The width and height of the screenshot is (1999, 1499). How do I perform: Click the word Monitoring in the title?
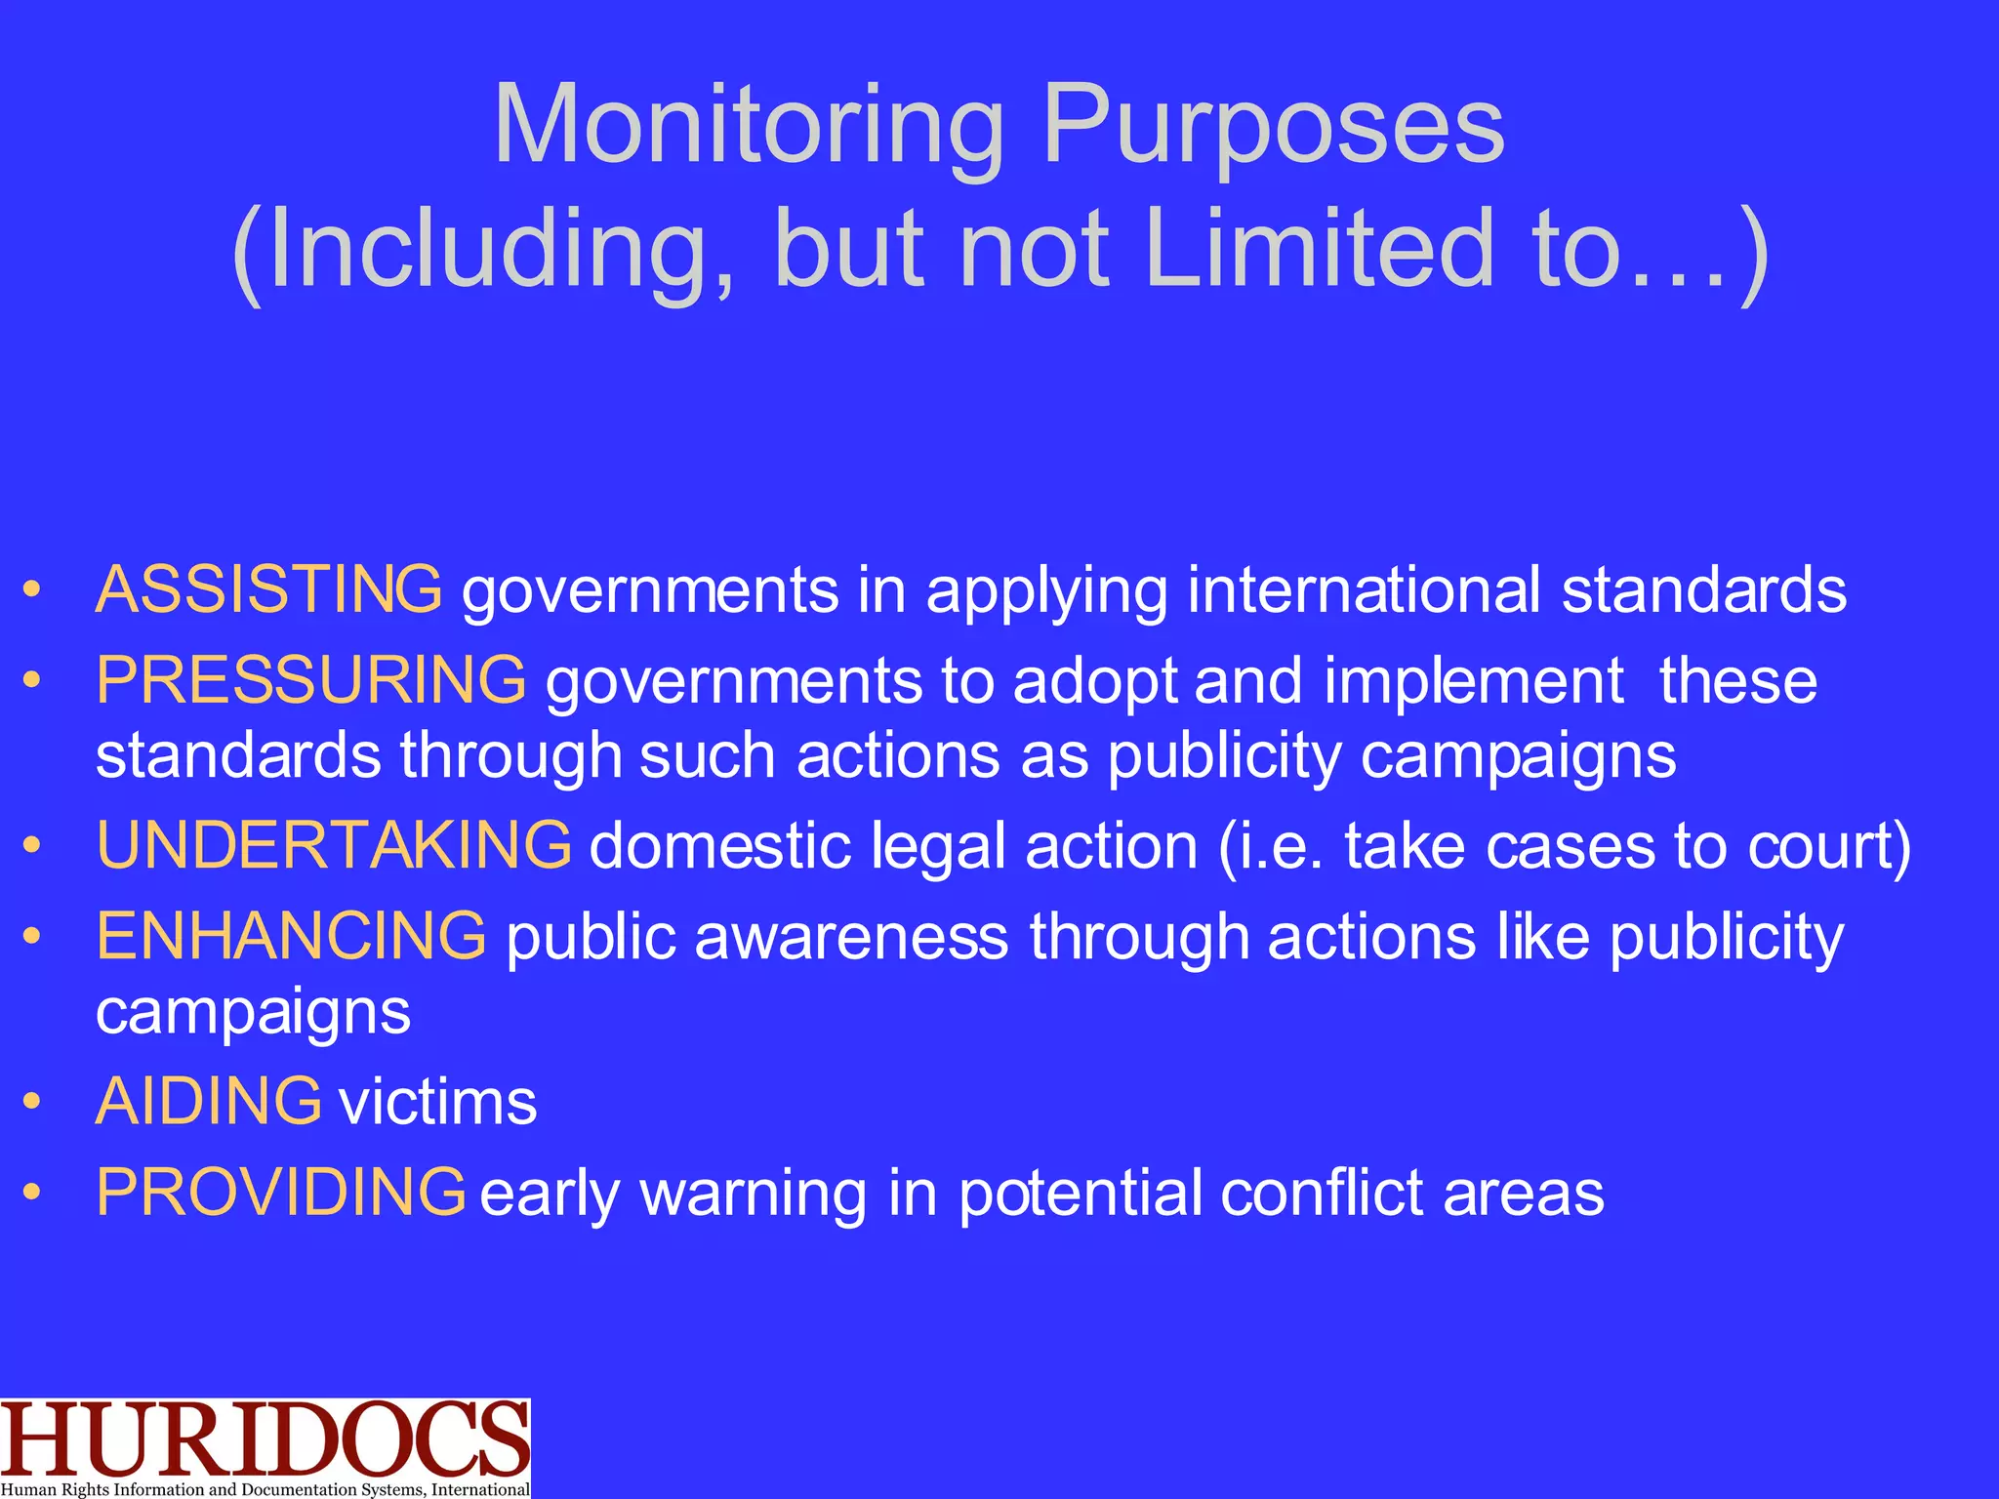pos(750,127)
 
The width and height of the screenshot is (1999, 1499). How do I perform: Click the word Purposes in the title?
pos(1273,127)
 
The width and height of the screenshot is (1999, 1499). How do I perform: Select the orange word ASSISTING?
pos(268,590)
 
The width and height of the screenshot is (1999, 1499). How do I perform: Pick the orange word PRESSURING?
pos(311,680)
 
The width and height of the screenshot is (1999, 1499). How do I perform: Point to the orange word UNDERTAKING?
pos(334,845)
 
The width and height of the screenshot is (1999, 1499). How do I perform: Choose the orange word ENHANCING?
pos(291,936)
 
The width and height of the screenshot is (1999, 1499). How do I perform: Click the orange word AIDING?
pos(208,1102)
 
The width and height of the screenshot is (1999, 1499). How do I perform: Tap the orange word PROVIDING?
pos(281,1193)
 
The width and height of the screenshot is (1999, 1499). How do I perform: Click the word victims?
pos(437,1104)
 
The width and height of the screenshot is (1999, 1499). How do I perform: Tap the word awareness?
pos(851,938)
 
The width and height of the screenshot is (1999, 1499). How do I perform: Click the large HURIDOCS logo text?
pos(265,1440)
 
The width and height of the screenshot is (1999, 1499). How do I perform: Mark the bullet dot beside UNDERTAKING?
pos(33,846)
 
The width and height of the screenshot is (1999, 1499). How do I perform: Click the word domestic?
pos(721,846)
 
